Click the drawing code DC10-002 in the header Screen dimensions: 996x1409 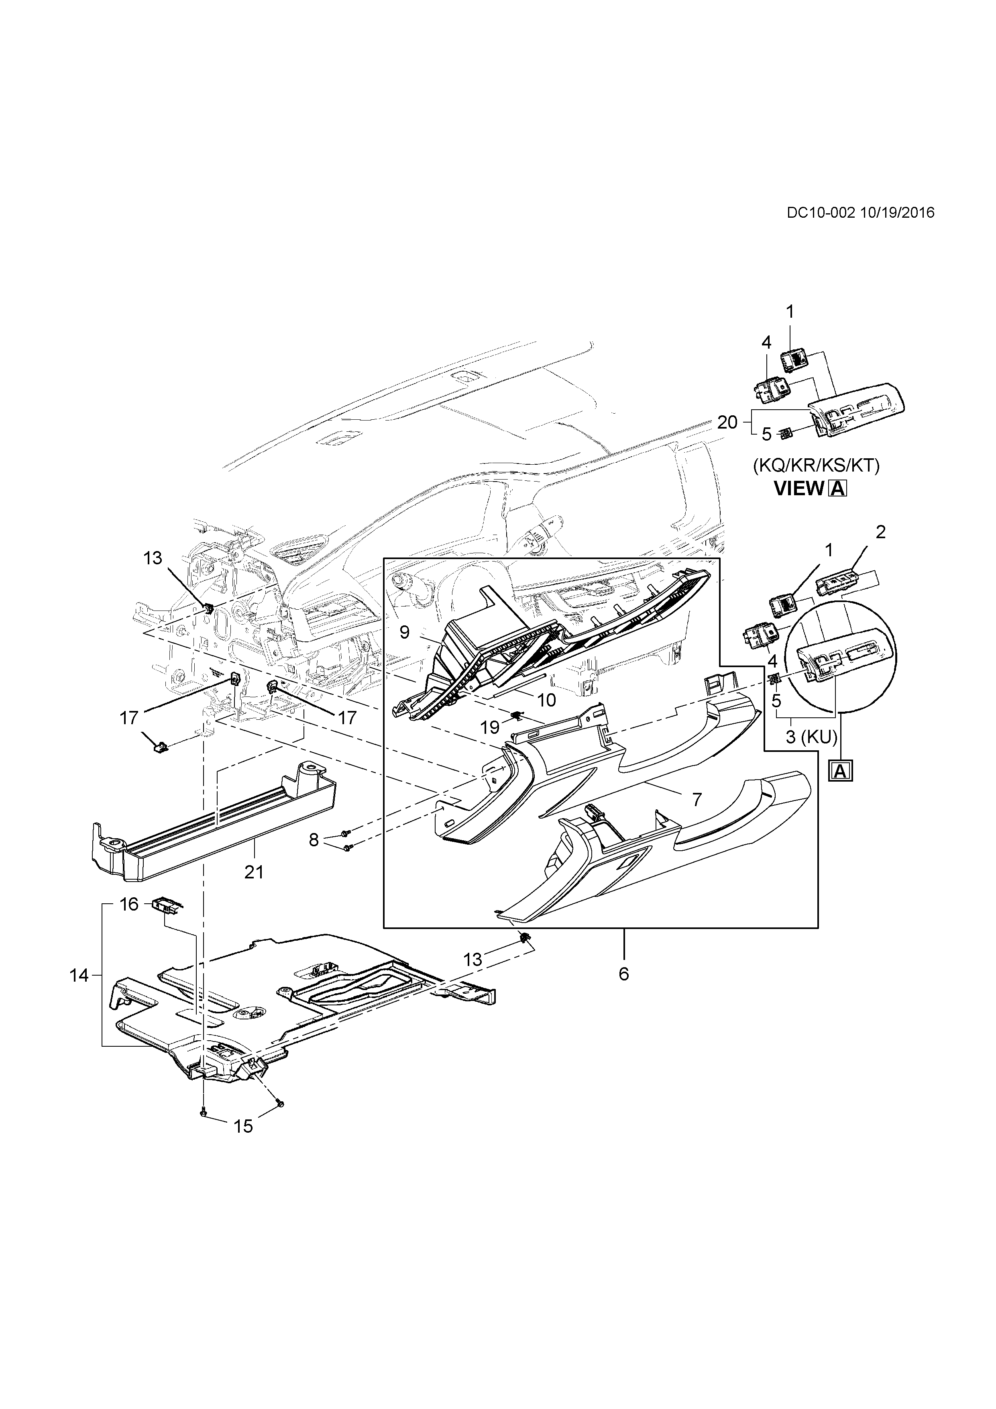tap(821, 212)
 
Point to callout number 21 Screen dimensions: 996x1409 tap(253, 872)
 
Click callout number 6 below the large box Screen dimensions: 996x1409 tap(624, 974)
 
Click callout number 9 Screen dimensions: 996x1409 tap(405, 631)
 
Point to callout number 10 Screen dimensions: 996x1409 tap(546, 700)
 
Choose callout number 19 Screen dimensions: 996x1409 tap(490, 728)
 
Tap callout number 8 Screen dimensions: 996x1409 tap(314, 839)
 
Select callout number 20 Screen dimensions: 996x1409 tap(727, 422)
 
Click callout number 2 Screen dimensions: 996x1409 tap(881, 532)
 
